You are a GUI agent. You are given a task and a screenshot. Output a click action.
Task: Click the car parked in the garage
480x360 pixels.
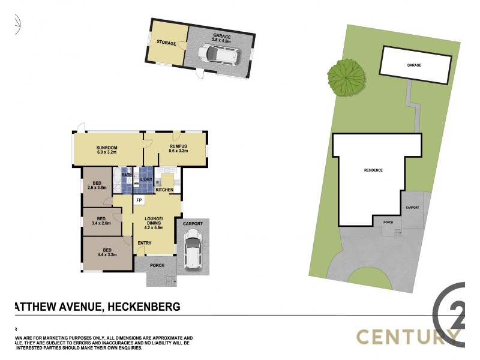pyautogui.click(x=222, y=55)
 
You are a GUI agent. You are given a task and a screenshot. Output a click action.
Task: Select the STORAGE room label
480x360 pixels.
pyautogui.click(x=166, y=43)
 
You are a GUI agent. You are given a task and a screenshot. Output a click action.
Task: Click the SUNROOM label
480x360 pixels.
pyautogui.click(x=107, y=147)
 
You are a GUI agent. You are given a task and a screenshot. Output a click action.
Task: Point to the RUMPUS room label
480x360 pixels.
pyautogui.click(x=178, y=146)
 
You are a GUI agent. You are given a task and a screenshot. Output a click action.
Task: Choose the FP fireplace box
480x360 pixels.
pyautogui.click(x=139, y=200)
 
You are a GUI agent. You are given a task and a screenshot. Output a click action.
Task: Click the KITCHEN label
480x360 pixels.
pyautogui.click(x=164, y=190)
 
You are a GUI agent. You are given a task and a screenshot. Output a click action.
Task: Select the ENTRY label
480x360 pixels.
pyautogui.click(x=145, y=242)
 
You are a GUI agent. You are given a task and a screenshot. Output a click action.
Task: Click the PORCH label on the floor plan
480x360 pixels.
pyautogui.click(x=157, y=265)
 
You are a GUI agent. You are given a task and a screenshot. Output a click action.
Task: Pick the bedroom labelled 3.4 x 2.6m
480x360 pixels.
pyautogui.click(x=101, y=219)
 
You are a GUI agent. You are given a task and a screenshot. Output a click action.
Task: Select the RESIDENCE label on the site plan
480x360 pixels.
pyautogui.click(x=373, y=170)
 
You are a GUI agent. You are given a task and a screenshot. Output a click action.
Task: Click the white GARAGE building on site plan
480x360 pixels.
pyautogui.click(x=415, y=64)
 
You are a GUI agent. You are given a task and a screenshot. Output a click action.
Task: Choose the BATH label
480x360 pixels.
pyautogui.click(x=127, y=175)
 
